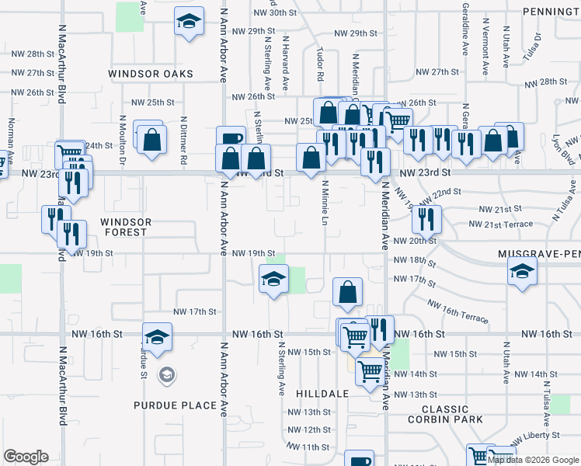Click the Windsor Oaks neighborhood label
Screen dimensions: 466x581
pos(150,74)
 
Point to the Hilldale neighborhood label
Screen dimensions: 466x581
pos(322,394)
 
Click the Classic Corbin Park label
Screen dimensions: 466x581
pos(446,414)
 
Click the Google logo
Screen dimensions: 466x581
pos(26,457)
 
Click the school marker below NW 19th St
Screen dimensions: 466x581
pos(273,280)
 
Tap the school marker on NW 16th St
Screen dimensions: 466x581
pos(157,337)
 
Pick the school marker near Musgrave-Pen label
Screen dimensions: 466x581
pos(521,272)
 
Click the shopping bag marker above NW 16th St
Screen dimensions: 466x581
pos(347,293)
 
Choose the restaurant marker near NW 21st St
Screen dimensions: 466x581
pos(426,219)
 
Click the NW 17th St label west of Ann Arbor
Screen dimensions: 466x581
pos(193,311)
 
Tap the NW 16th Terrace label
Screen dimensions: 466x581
pos(457,314)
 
